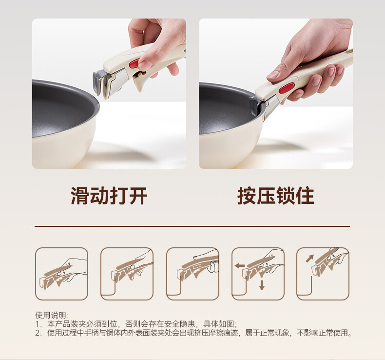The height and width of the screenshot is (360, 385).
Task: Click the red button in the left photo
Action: [134, 63]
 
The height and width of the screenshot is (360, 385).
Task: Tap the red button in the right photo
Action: [287, 88]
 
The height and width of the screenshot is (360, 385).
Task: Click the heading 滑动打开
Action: [109, 196]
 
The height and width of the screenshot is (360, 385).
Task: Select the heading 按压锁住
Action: [276, 196]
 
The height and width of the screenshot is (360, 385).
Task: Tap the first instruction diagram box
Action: [61, 274]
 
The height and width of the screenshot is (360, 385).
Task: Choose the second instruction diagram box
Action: [127, 274]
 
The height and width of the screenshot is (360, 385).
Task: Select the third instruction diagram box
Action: [193, 274]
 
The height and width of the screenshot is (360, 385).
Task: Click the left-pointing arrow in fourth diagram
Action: [239, 266]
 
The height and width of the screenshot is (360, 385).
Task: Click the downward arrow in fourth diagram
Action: [262, 285]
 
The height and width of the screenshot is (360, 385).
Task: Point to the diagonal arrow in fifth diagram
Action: [309, 259]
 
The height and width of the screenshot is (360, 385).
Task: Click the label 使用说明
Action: [51, 315]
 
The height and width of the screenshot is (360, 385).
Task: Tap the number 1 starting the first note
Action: [38, 324]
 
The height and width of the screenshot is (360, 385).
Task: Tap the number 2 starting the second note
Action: [38, 333]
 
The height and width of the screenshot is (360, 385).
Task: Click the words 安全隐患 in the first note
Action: [179, 324]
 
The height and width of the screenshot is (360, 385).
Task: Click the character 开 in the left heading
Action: [138, 196]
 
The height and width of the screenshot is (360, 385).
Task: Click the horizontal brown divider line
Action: [192, 226]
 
